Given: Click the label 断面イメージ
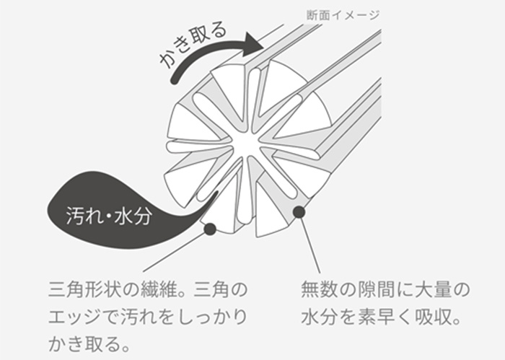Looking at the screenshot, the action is pyautogui.click(x=343, y=15).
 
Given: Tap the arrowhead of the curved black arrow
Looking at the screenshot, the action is pyautogui.click(x=252, y=44).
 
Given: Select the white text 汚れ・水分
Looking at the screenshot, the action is pyautogui.click(x=108, y=215).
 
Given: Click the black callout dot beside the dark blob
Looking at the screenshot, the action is pyautogui.click(x=210, y=229).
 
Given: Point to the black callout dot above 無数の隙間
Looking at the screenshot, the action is pyautogui.click(x=299, y=211).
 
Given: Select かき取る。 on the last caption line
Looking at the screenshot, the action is pyautogui.click(x=89, y=344).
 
